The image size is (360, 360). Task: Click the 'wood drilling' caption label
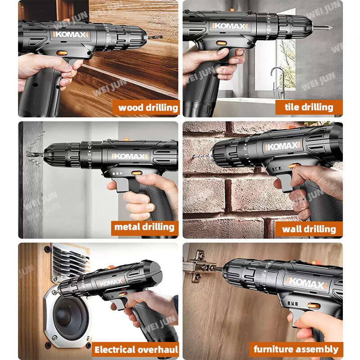pyautogui.click(x=146, y=108)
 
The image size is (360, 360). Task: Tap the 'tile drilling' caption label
pyautogui.click(x=309, y=107)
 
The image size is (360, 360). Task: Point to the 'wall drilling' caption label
pyautogui.click(x=309, y=229)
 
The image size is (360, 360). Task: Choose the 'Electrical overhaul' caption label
pyautogui.click(x=135, y=350)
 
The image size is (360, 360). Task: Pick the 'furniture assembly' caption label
pyautogui.click(x=296, y=350)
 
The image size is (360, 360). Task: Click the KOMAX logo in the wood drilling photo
pyautogui.click(x=71, y=35)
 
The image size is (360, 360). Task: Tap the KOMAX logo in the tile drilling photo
pyautogui.click(x=230, y=26)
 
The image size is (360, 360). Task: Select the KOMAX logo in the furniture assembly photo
pyautogui.click(x=306, y=283)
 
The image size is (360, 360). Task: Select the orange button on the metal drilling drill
pyautogui.click(x=137, y=173)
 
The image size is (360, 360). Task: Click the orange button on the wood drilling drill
pyautogui.click(x=62, y=53)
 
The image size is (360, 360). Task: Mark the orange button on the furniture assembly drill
pyautogui.click(x=314, y=306)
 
